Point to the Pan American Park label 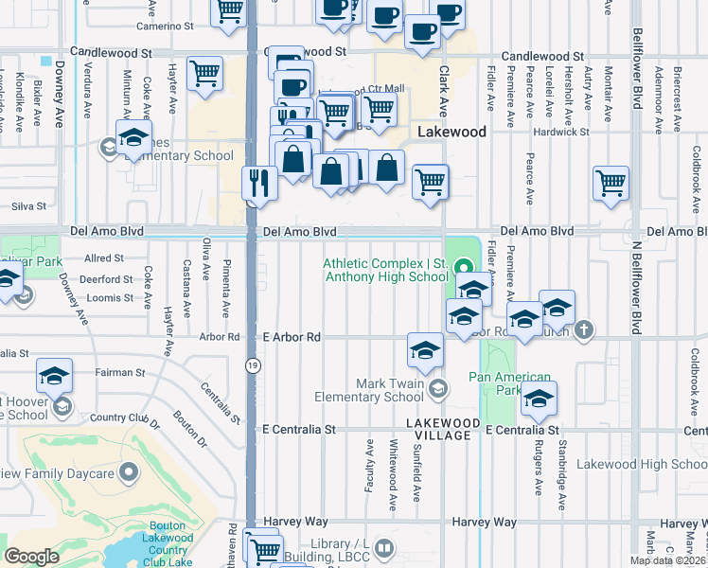pos(511,383)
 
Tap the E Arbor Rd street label pos(292,336)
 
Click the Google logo pos(31,556)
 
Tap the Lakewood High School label pos(642,464)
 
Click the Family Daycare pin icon pos(131,472)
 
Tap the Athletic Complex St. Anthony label pos(386,270)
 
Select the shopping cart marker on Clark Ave pos(430,181)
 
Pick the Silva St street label pos(28,205)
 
